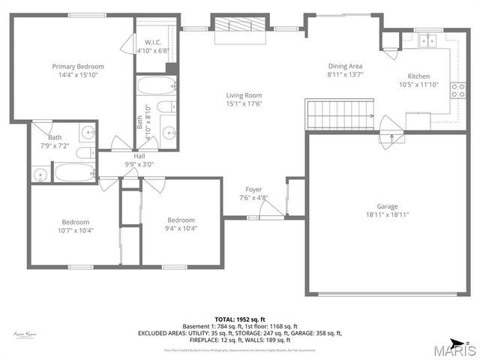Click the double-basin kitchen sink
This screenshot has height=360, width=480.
[x=428, y=40]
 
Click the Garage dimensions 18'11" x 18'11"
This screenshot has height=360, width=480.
[x=387, y=214]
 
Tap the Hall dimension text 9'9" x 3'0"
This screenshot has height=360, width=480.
[x=139, y=164]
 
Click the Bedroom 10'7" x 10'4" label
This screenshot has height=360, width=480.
[x=75, y=226]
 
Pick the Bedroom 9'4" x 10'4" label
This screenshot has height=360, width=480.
[x=181, y=223]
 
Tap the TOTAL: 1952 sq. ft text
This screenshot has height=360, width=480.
[x=239, y=319]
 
